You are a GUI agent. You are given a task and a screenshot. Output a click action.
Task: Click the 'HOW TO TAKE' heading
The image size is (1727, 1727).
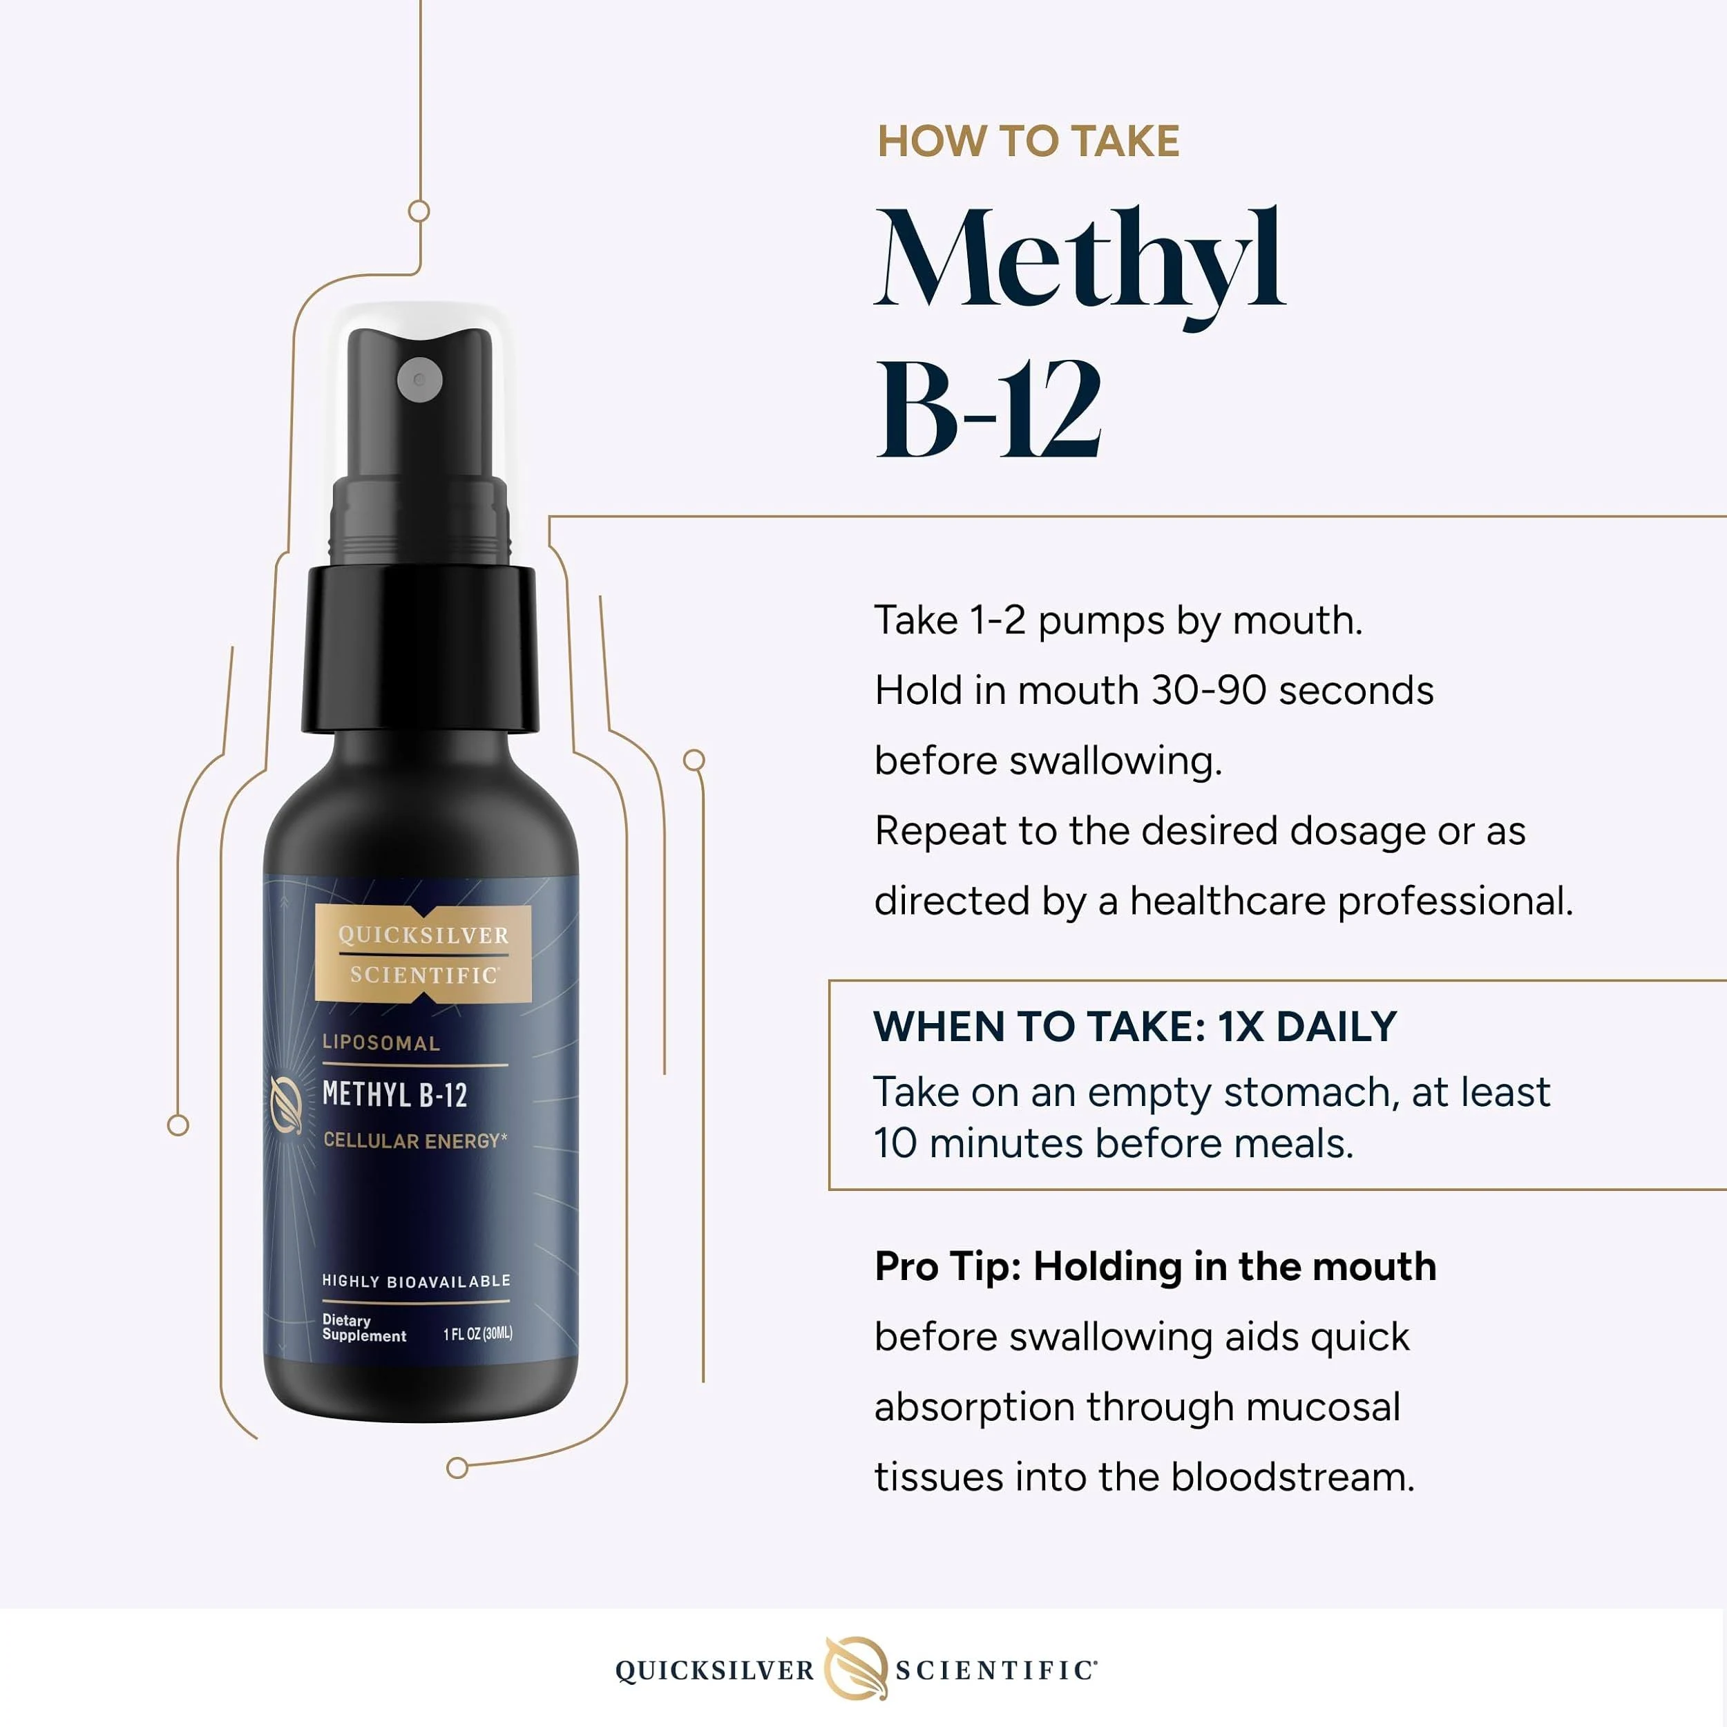pos(1028,141)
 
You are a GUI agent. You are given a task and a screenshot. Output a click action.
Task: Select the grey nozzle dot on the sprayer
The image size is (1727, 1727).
pos(419,380)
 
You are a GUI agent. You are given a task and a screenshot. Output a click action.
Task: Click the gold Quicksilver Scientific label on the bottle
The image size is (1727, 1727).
pos(423,954)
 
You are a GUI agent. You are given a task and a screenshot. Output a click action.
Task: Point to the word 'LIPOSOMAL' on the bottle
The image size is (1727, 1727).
pos(381,1043)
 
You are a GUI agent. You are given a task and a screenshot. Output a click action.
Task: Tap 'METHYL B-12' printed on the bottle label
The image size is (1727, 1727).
pos(394,1094)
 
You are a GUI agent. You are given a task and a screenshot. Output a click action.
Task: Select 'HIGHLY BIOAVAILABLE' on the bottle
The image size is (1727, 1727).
pos(417,1281)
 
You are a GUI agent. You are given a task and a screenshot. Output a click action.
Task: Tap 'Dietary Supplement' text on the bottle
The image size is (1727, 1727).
pos(364,1328)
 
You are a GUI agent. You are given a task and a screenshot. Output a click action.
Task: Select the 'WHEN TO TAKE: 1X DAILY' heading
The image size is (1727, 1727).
pos(1135,1027)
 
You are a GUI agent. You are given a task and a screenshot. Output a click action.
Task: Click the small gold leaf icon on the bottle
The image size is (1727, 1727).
pos(287,1105)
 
